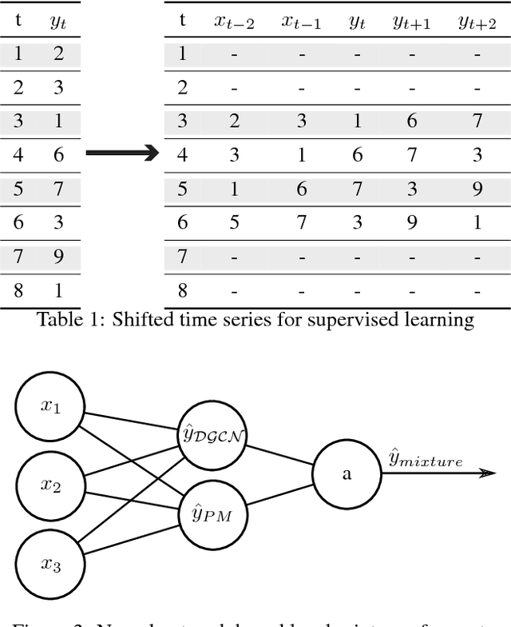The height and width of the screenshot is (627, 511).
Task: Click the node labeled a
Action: tap(346, 473)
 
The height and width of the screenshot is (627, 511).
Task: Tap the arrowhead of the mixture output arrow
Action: tap(486, 473)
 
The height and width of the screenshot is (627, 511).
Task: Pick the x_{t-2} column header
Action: tap(234, 22)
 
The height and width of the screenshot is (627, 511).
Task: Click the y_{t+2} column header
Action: tap(477, 22)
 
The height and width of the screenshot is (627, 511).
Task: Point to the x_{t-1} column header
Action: tap(301, 22)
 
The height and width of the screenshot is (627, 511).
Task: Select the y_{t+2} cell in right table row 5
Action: tap(477, 189)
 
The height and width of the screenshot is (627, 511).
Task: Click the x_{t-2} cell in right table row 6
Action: tap(234, 223)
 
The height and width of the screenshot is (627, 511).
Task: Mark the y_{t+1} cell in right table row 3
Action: tap(411, 120)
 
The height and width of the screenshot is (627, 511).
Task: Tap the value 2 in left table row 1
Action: tap(58, 54)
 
